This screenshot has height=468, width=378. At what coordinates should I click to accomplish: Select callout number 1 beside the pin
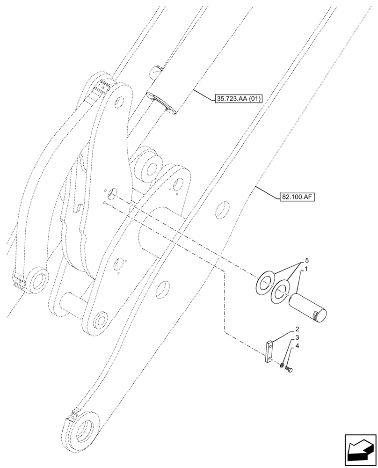pos(306,270)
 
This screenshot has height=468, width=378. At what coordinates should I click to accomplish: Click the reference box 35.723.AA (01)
pos(239,99)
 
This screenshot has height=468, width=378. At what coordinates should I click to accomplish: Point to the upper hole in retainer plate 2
pos(269,345)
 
